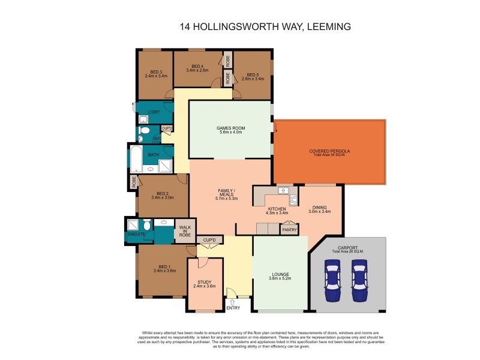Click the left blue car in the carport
pos(332,281)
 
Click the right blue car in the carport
pos(359,281)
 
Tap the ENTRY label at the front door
pos(233,308)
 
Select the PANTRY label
pos(290,229)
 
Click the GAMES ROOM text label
pos(230,128)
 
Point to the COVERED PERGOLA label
pos(327,151)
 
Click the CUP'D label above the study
pos(209,240)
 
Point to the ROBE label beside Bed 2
pos(133,181)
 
